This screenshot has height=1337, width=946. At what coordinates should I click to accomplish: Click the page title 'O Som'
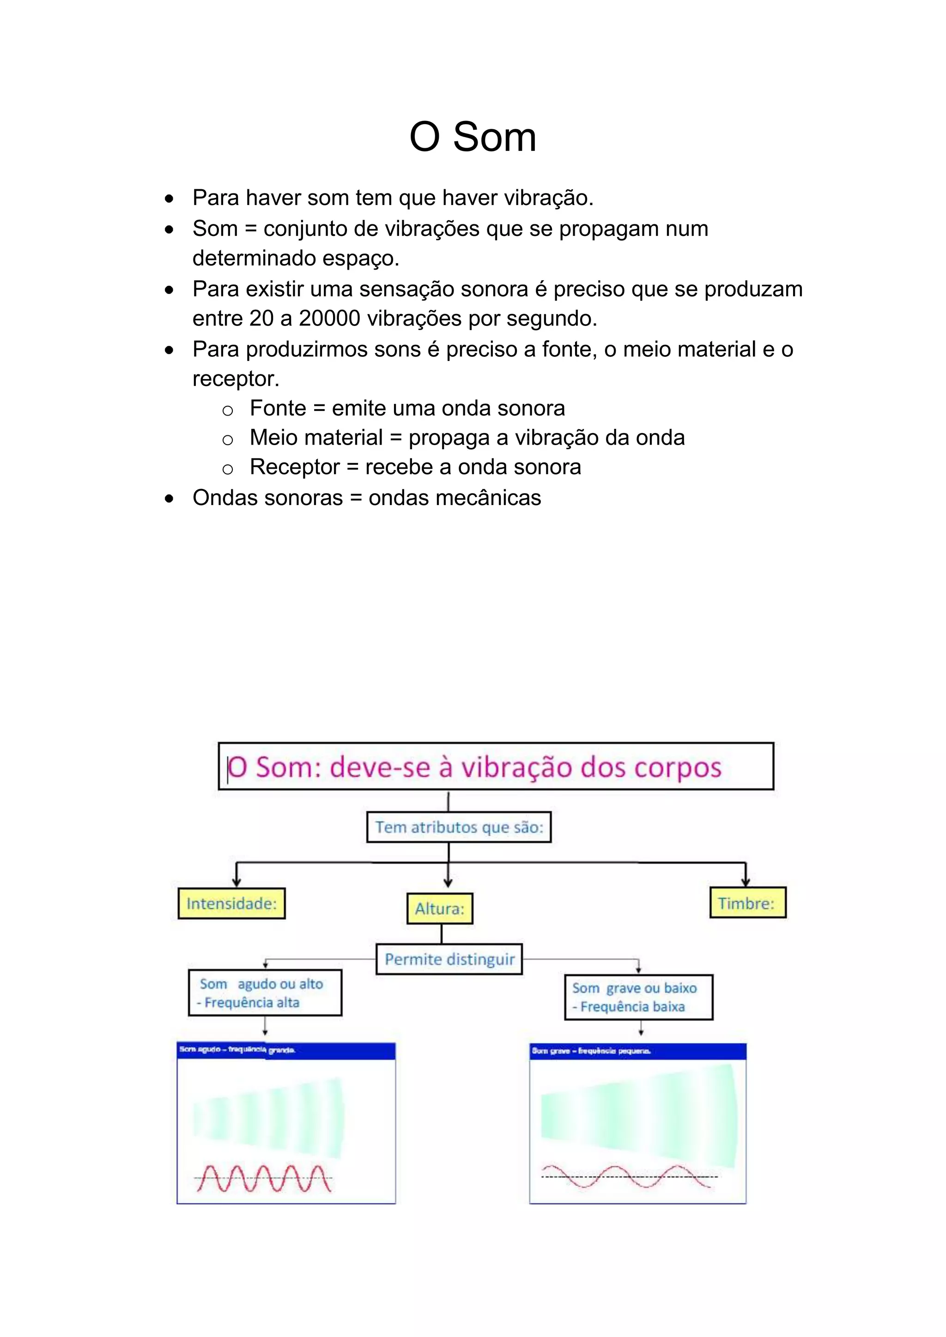[x=473, y=138]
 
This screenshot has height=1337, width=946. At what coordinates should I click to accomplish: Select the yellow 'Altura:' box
[x=440, y=909]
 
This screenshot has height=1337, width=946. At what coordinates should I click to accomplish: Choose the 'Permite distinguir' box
[x=449, y=959]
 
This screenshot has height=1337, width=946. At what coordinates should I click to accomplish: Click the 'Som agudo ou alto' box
[x=265, y=993]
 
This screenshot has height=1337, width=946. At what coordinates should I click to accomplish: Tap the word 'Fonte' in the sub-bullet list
[x=278, y=408]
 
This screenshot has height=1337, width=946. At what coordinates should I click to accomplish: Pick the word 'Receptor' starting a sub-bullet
[x=294, y=467]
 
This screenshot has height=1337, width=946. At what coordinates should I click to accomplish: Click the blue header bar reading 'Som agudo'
[x=285, y=1050]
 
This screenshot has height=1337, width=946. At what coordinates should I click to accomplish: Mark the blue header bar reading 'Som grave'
[x=637, y=1051]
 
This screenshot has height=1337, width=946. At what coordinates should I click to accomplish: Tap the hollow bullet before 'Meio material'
[x=228, y=440]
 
